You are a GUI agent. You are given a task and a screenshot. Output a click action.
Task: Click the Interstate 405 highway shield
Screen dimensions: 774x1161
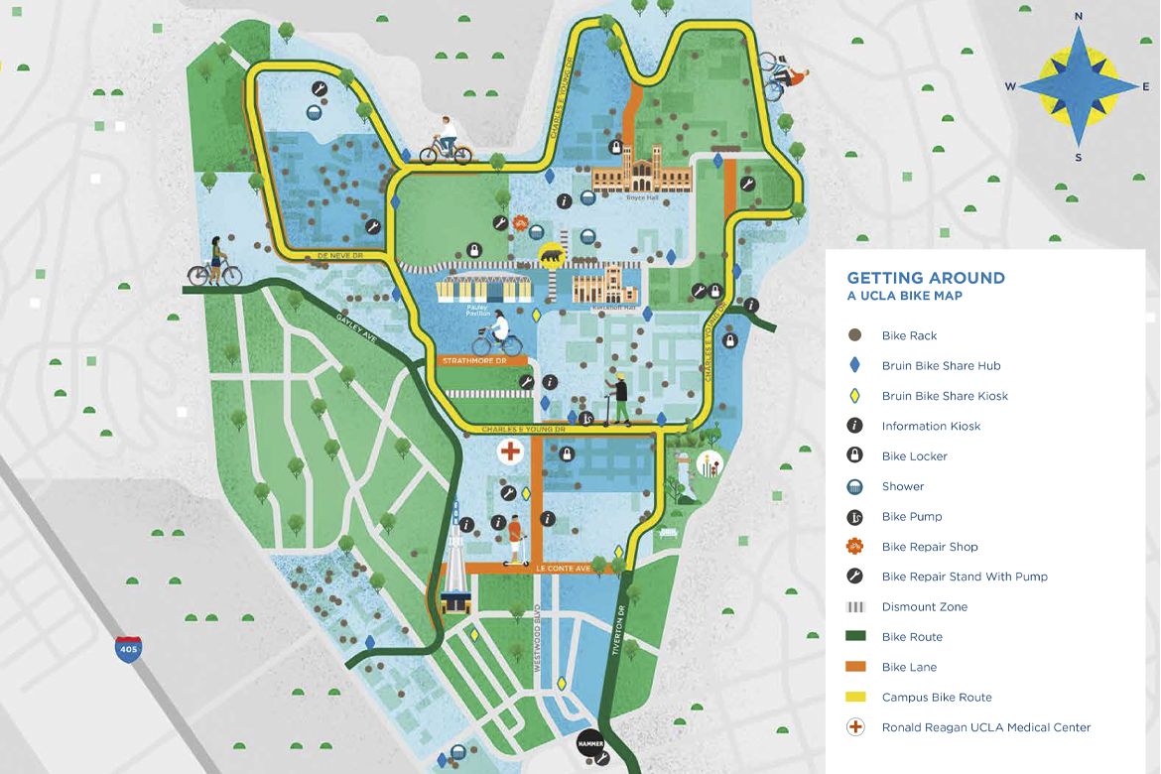[128, 650]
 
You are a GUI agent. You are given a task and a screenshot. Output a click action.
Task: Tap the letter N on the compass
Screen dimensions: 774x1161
[1079, 17]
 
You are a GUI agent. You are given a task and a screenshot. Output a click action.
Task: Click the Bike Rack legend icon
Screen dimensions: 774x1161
[854, 335]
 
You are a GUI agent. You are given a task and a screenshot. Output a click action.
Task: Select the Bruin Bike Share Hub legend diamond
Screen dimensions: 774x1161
[854, 365]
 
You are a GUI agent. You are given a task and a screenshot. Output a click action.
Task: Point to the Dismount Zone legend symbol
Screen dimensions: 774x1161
[854, 606]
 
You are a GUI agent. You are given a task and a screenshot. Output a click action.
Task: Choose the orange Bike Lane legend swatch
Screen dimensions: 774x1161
[854, 667]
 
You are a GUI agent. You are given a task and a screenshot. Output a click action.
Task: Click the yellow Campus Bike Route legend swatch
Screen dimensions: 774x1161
[854, 697]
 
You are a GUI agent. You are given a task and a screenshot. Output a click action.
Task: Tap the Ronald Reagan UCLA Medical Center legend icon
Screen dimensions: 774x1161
[854, 727]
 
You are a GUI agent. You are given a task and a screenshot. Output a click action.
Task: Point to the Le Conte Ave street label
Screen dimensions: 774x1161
[563, 569]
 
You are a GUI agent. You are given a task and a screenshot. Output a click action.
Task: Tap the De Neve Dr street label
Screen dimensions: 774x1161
[340, 256]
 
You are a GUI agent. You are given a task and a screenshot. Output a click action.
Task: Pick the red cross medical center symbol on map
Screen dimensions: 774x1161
[510, 452]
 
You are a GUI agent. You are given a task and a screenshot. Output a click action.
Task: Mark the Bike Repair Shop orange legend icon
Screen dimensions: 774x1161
[854, 546]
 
